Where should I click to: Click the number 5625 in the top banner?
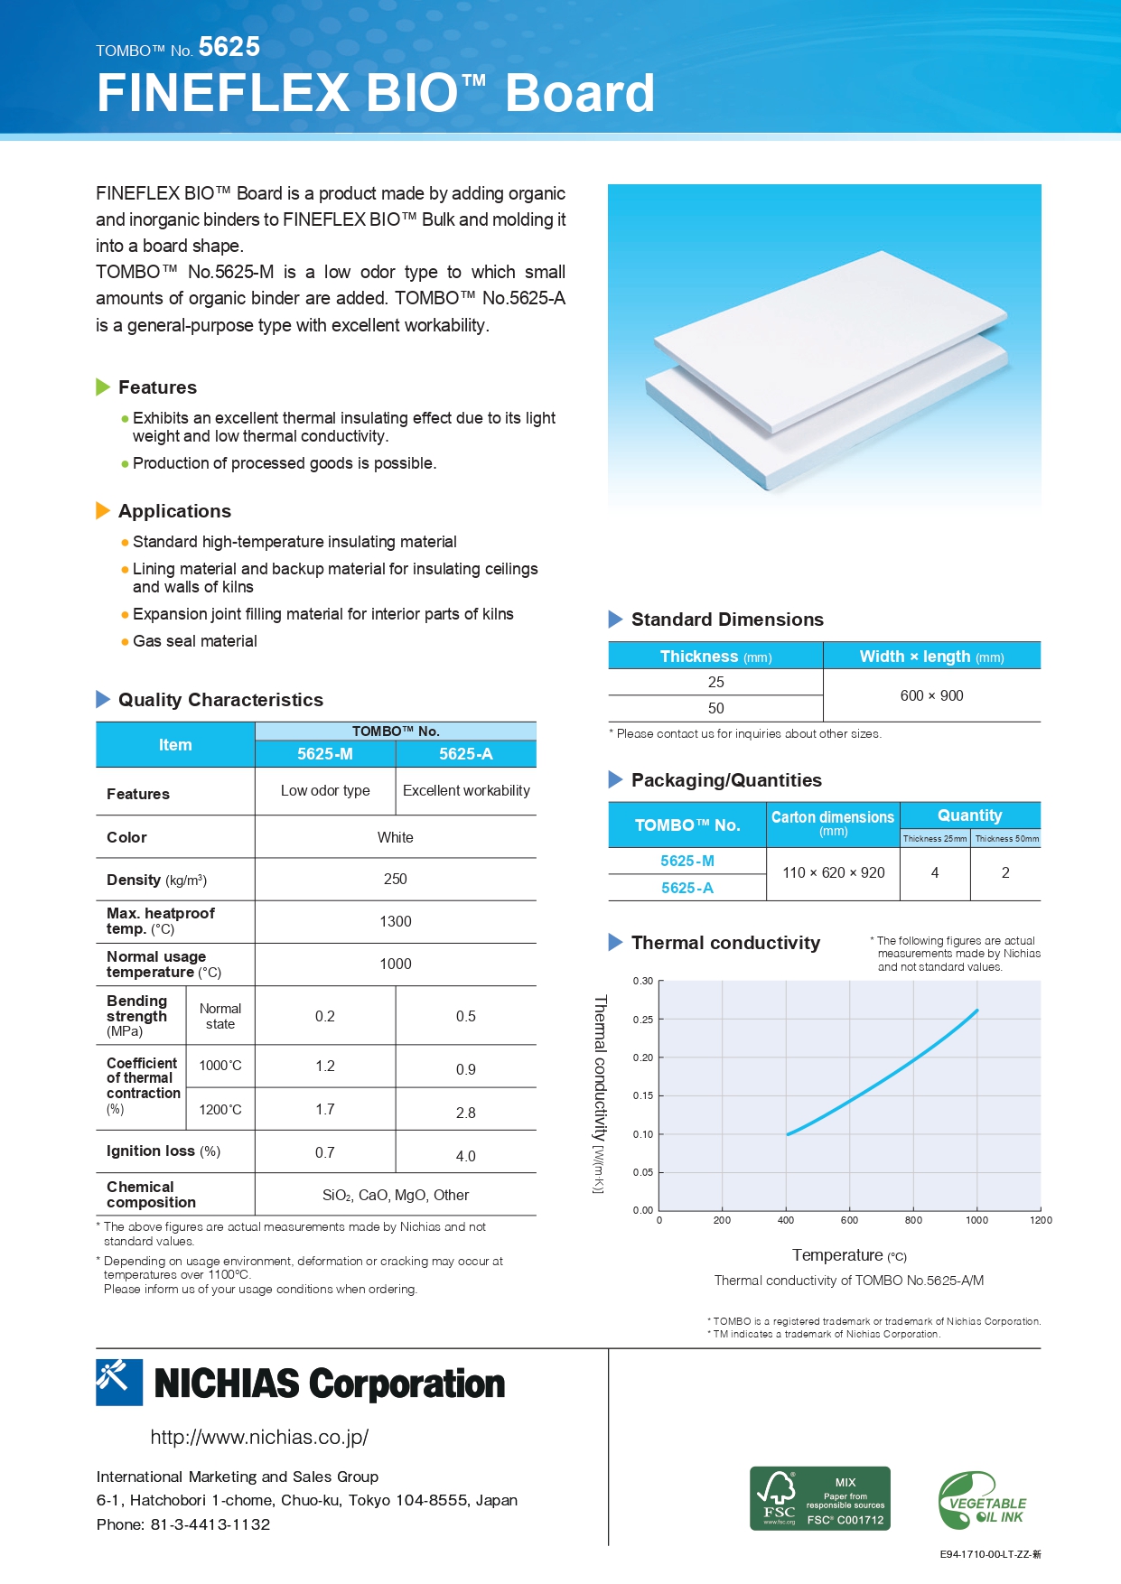coord(229,47)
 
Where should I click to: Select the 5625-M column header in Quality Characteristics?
coord(325,754)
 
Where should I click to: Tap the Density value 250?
coord(395,879)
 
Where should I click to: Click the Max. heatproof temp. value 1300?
coord(395,921)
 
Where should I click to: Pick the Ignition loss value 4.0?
coord(465,1156)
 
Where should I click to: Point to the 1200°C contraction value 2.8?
coord(465,1113)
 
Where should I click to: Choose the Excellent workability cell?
coord(466,790)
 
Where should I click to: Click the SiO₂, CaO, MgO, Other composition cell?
coord(395,1195)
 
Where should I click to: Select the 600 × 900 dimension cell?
coord(931,695)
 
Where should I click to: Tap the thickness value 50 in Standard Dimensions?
coord(715,708)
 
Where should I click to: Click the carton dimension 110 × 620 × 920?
coord(833,872)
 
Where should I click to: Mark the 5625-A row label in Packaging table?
coord(687,888)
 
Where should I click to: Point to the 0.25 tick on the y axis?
coord(642,1020)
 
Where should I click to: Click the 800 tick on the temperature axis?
coord(913,1220)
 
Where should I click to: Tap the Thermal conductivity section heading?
coord(725,943)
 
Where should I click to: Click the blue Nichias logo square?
coord(119,1382)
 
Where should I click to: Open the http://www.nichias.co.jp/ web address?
coord(259,1437)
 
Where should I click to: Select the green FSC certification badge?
coord(819,1498)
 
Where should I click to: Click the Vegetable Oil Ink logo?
coord(982,1501)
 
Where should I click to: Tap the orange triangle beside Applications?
coord(103,511)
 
